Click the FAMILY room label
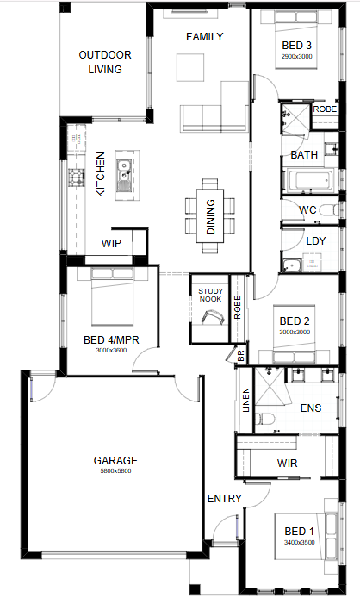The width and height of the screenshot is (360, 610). (204, 37)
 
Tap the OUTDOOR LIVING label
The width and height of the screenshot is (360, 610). (105, 62)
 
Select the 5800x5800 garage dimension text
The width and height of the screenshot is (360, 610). (115, 470)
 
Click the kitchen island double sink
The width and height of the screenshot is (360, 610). (124, 176)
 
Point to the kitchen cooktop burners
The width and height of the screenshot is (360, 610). (76, 177)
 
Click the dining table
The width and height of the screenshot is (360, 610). (210, 216)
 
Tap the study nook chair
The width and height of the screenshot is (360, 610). (212, 316)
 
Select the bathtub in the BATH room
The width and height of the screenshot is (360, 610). (310, 180)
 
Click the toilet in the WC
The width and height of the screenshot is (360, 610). (329, 211)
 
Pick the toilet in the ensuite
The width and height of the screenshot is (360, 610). (264, 419)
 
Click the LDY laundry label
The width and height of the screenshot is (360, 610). (315, 241)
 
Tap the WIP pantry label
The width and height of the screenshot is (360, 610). (111, 244)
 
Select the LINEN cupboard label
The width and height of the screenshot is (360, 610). (245, 400)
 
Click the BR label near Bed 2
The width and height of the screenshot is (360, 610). (240, 356)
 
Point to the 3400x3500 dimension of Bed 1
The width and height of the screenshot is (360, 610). (300, 542)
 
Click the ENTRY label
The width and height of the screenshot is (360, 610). (224, 498)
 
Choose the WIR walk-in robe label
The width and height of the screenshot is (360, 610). (287, 463)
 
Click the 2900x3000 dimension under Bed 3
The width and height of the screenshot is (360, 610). (296, 56)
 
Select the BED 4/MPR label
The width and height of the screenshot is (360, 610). (111, 340)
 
